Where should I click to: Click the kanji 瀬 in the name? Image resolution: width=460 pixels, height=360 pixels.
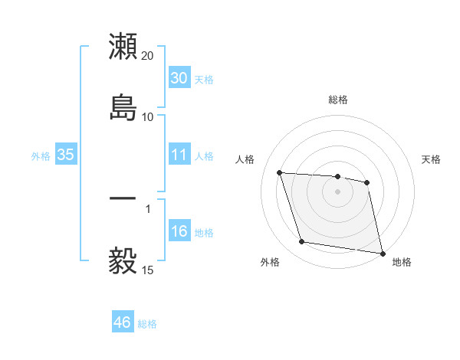(x=123, y=47)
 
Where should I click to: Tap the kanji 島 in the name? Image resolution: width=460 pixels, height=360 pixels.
(x=123, y=107)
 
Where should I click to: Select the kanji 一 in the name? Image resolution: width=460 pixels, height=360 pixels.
(x=123, y=198)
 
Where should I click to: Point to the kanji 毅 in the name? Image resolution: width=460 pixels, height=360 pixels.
(x=123, y=260)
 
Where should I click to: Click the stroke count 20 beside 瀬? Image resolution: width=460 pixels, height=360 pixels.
(x=148, y=56)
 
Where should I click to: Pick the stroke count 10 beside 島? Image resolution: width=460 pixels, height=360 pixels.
(x=148, y=117)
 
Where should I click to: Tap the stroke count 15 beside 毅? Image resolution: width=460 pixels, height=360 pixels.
(x=148, y=270)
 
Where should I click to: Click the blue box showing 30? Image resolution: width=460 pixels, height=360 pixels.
(x=179, y=78)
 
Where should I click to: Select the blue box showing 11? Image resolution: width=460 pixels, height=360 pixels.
(x=179, y=155)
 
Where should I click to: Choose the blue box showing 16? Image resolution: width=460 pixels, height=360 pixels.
(x=179, y=231)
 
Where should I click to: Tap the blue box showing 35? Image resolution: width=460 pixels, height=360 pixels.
(x=66, y=155)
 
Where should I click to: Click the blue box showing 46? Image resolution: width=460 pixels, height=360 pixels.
(x=123, y=322)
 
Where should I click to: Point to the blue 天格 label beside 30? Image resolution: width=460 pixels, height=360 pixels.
(x=204, y=80)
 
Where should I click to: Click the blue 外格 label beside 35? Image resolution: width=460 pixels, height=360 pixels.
(x=41, y=156)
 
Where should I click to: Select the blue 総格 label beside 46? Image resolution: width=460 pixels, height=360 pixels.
(x=147, y=324)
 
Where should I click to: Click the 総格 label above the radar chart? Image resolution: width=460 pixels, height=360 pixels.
(x=338, y=100)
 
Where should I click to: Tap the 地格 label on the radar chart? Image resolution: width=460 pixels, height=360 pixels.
(x=402, y=262)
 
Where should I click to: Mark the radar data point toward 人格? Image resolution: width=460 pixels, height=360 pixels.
(x=280, y=173)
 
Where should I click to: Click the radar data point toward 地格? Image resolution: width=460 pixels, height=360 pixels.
(x=382, y=252)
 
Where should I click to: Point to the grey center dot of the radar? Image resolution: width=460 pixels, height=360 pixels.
(x=338, y=191)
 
